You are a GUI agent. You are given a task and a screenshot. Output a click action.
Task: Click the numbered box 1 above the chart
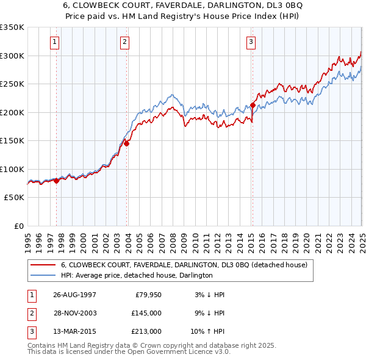coord(55,42)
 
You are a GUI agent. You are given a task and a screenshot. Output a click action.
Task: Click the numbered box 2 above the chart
coord(124,42)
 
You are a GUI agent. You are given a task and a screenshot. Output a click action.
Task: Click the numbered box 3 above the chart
coord(251,42)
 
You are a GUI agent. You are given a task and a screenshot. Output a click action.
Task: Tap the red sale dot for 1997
coord(57,181)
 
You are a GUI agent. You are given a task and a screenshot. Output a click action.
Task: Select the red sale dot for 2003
coord(127,143)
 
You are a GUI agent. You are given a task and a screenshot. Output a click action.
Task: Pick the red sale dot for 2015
coord(253,105)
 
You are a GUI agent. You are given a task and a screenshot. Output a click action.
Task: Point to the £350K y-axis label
coord(12,27)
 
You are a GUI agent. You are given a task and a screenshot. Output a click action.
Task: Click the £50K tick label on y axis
coord(14,198)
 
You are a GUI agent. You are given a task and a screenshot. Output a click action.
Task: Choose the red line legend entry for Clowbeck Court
coord(187,265)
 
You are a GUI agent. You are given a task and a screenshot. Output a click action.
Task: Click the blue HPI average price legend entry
coord(136,276)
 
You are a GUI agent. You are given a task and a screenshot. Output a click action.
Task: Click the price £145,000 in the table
coord(146,313)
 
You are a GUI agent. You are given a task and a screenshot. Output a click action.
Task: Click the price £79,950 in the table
coord(148,295)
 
